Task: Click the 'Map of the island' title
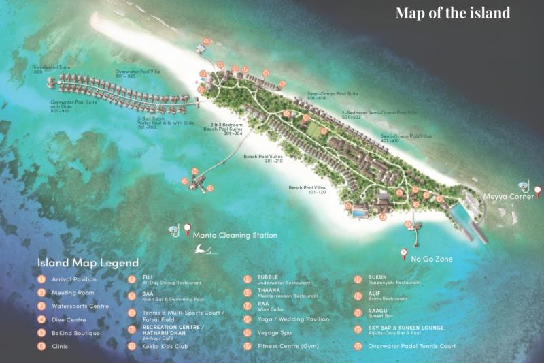coord(452,14)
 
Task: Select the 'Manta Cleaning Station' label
coord(235,235)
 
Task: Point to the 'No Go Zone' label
coord(432,259)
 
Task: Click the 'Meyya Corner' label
coord(508,198)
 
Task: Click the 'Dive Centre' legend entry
coord(68,319)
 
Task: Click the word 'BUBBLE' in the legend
coord(267,277)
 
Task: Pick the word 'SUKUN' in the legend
coord(377,277)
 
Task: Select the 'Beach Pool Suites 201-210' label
coord(262,158)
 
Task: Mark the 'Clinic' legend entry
coord(60,346)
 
